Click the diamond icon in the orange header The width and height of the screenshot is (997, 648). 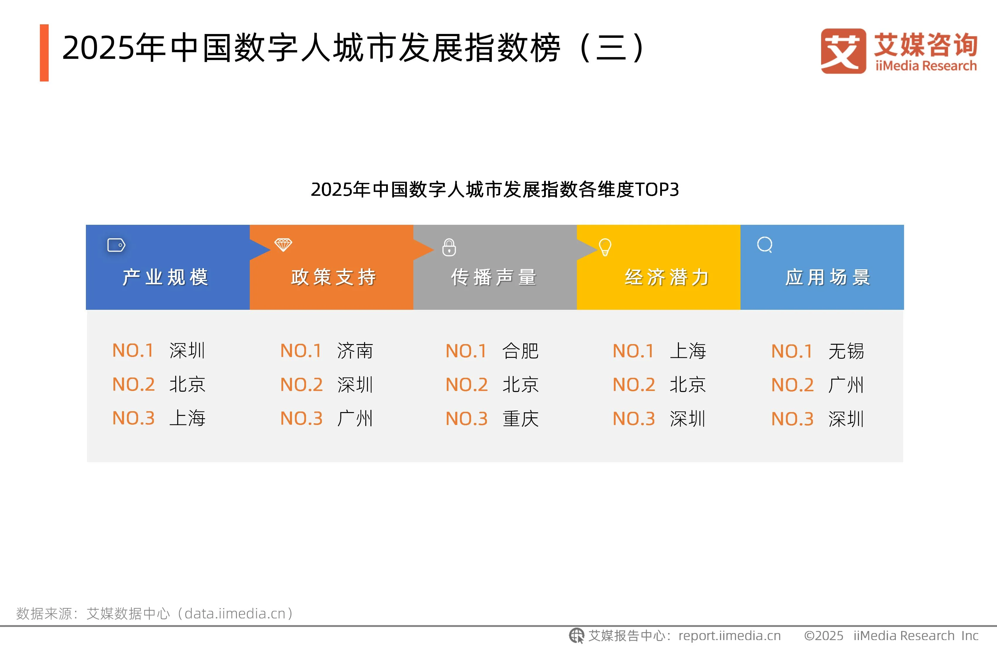point(283,245)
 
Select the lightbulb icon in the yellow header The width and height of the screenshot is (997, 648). point(605,247)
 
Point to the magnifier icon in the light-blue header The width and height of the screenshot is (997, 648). point(765,245)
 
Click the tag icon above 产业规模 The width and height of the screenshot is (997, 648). point(116,245)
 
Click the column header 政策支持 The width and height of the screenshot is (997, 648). point(333,277)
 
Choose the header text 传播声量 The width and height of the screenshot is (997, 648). point(493,277)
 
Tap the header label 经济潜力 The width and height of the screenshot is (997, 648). point(667,277)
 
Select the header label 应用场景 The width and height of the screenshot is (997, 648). point(828,277)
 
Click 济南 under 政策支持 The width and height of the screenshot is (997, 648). point(355,351)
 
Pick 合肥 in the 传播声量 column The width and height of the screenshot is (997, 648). point(520,351)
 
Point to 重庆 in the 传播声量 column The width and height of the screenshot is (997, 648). point(520,419)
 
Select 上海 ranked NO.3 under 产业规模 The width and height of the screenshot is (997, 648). point(187,418)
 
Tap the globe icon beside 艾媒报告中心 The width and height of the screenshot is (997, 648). point(576,635)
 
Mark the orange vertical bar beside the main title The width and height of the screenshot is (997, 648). point(44,53)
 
